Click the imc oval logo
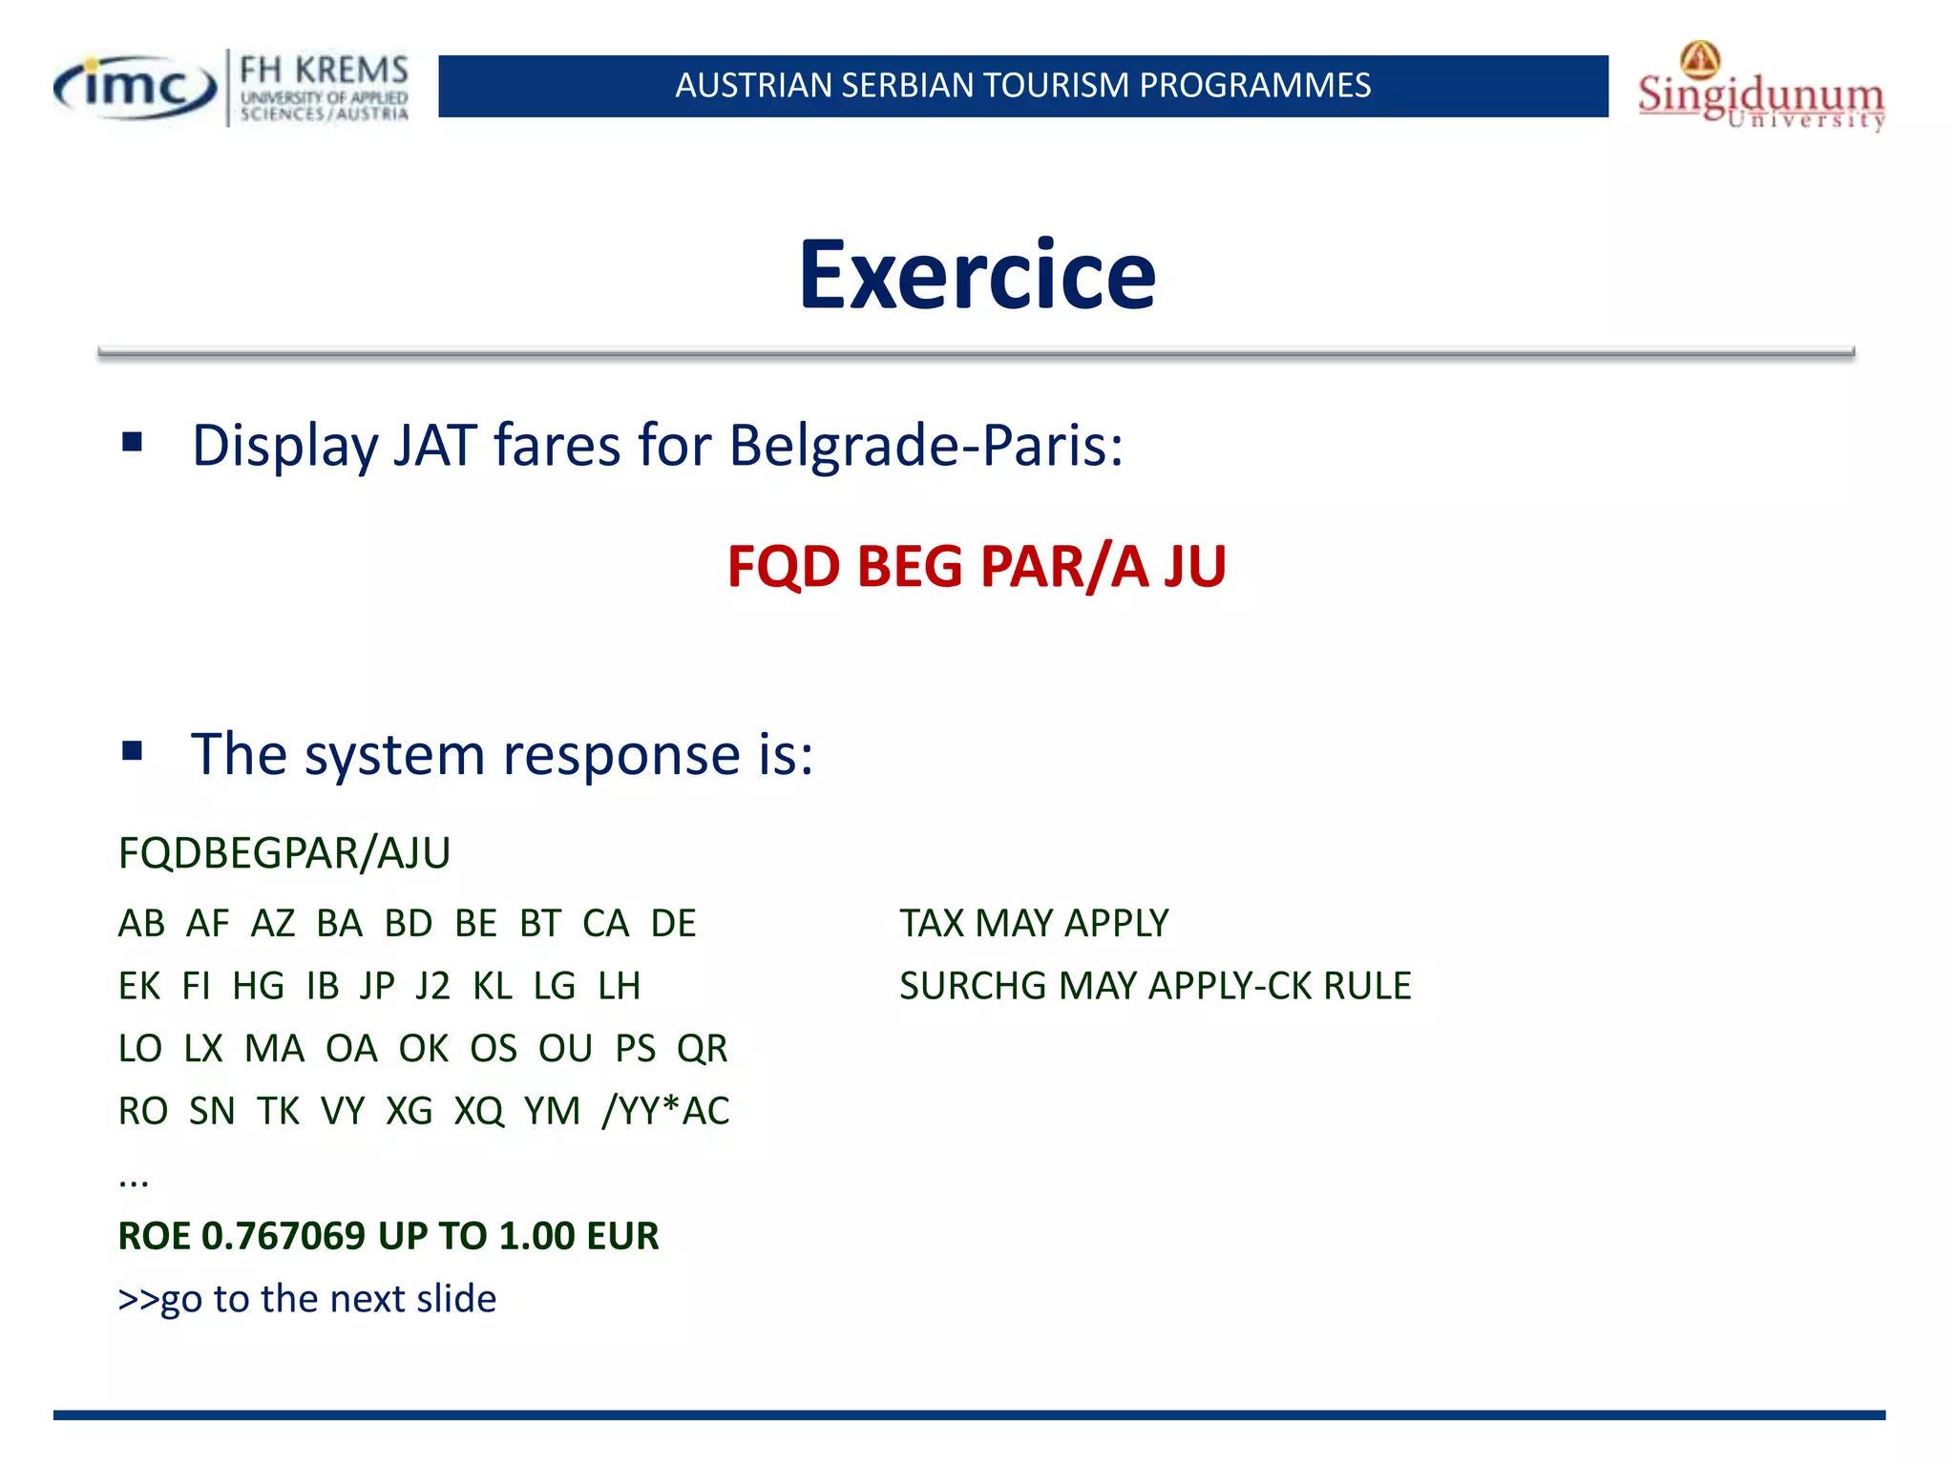[135, 88]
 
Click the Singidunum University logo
[1761, 88]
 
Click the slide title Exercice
[977, 275]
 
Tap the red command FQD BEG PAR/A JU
[976, 566]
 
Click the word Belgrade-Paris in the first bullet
[925, 446]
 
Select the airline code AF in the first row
[207, 924]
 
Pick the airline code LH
[619, 986]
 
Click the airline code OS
[493, 1049]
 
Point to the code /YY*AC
[665, 1111]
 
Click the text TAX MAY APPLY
[1034, 924]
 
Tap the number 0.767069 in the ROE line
[284, 1236]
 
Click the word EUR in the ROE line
[622, 1236]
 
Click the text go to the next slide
[327, 1299]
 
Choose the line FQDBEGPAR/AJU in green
[284, 853]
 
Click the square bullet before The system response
[132, 751]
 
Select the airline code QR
[702, 1049]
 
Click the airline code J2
[432, 986]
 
